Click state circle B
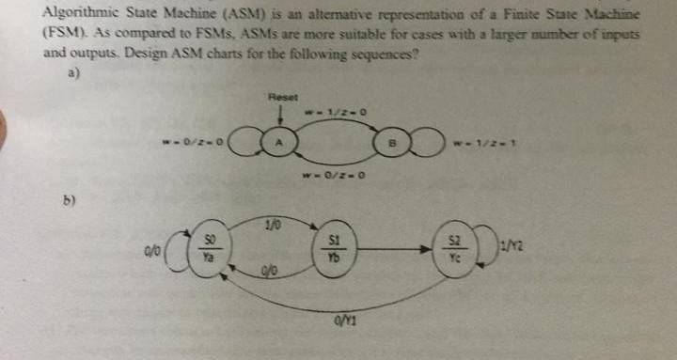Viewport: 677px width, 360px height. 393,145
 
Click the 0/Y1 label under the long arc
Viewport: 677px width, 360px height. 338,326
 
